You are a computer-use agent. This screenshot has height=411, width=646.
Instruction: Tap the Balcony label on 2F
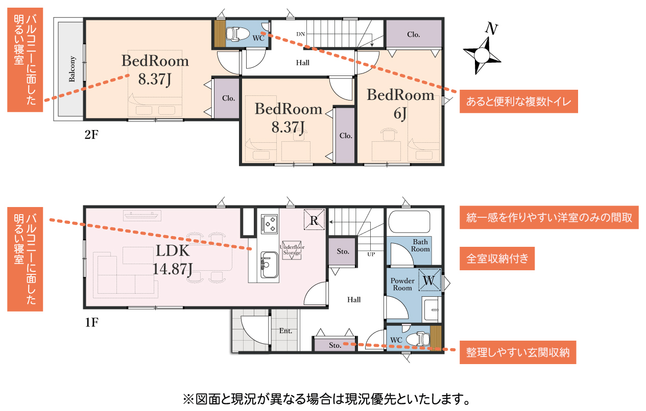click(x=72, y=69)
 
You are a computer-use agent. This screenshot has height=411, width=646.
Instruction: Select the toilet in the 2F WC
click(x=237, y=34)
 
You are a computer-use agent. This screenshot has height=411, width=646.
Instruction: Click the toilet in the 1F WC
click(x=420, y=339)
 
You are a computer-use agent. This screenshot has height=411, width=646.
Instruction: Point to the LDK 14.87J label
click(x=173, y=260)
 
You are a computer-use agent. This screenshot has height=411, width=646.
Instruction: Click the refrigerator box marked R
click(x=314, y=220)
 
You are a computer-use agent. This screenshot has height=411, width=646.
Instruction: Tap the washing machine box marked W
click(x=429, y=279)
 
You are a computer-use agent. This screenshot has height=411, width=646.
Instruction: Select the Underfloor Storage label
click(x=292, y=250)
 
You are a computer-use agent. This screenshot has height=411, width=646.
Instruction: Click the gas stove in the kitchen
click(x=269, y=223)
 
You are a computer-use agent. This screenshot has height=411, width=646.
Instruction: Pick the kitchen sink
click(x=269, y=265)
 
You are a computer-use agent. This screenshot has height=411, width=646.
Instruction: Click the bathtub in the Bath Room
click(x=409, y=222)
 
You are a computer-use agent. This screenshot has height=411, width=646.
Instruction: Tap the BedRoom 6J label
click(x=400, y=104)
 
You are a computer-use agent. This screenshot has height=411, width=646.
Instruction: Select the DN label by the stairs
click(x=300, y=34)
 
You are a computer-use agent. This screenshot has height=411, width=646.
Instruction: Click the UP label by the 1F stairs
click(x=371, y=254)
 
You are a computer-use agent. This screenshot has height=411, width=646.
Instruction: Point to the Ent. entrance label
click(x=285, y=331)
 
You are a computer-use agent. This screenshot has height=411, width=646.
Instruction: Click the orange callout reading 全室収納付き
click(x=497, y=259)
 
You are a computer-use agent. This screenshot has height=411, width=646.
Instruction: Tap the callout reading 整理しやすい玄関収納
click(x=518, y=352)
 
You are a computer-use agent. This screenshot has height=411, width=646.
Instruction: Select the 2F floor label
click(x=91, y=135)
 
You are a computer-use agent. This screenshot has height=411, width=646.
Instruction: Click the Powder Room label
click(x=402, y=284)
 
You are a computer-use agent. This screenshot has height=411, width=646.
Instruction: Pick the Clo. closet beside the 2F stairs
click(x=414, y=34)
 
